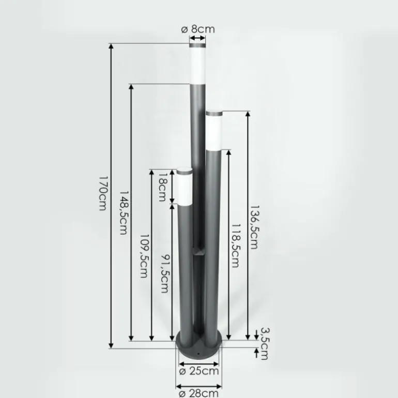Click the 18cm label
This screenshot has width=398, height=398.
click(162, 187)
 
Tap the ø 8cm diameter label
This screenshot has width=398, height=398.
click(198, 29)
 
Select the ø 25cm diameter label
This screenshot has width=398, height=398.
click(199, 371)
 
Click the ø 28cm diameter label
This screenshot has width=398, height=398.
click(199, 393)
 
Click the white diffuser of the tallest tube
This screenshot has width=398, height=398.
click(198, 67)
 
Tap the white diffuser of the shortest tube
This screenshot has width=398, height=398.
click(184, 188)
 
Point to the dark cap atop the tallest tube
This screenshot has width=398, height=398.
click(198, 47)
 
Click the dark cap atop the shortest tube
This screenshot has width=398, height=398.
click(184, 171)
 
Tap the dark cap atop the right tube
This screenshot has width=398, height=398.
click(214, 113)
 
